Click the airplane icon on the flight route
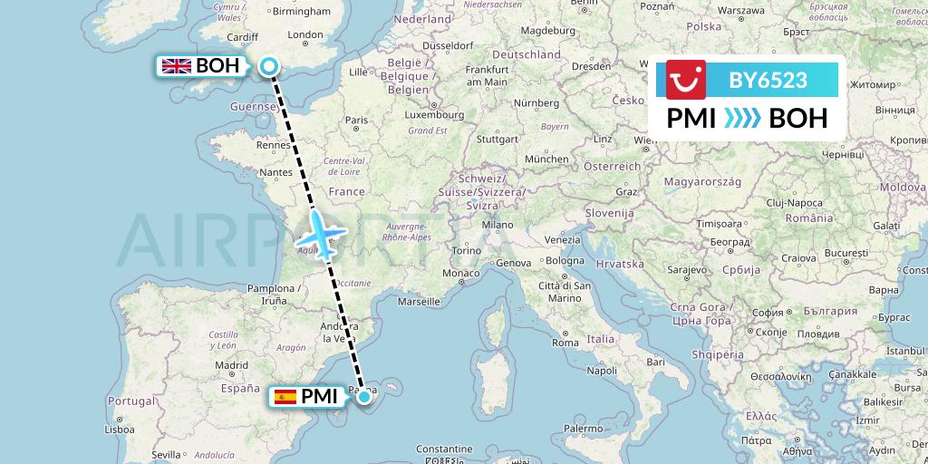coord(319,233)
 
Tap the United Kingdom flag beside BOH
coord(176,65)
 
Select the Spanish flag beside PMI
coord(285,396)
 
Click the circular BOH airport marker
coord(269,65)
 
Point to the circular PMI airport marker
coord(364,396)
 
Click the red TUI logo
coord(686,80)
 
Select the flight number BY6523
coord(768,80)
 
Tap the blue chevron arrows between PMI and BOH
coord(743,118)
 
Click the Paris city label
coord(356,120)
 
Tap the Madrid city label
coord(231,365)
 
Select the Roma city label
coord(565,343)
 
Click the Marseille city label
coord(418,301)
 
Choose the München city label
coord(546,159)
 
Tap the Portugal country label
coord(132,401)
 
